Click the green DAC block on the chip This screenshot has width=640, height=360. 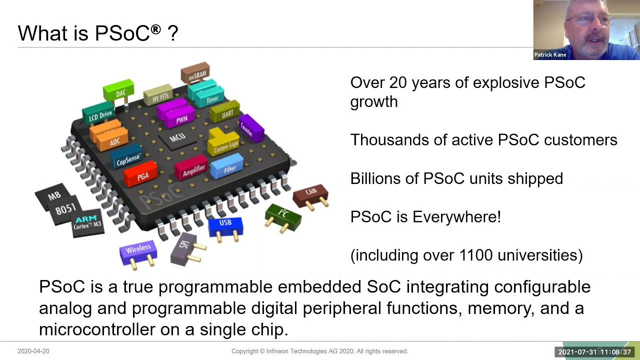(x=119, y=90)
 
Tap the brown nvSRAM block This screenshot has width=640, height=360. (x=195, y=73)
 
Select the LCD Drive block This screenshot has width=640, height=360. (x=99, y=114)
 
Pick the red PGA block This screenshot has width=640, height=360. (x=141, y=174)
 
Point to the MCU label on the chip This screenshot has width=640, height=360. (x=177, y=136)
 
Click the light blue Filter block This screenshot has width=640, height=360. (x=228, y=167)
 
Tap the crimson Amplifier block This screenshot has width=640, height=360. (x=192, y=169)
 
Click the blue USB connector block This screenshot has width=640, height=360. (x=225, y=225)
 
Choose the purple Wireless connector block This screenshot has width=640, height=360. (x=138, y=250)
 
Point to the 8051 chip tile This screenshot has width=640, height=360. (x=65, y=209)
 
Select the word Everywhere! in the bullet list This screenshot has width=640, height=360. (x=456, y=217)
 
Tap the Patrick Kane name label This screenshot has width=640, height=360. (x=550, y=55)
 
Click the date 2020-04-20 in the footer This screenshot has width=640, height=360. (x=33, y=351)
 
